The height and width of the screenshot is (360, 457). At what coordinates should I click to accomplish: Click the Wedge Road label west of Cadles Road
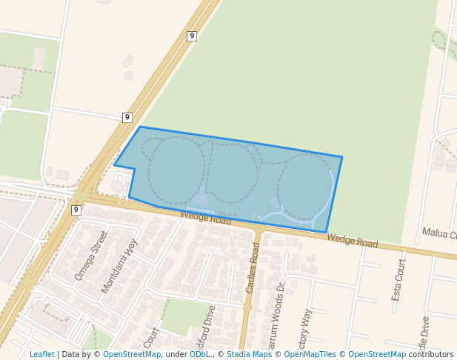tap(206, 218)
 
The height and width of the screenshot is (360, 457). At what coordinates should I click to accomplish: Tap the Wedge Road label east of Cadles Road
tap(352, 241)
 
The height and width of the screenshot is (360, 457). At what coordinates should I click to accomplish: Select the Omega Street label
tap(91, 255)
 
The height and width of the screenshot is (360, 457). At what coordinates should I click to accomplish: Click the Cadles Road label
tap(253, 267)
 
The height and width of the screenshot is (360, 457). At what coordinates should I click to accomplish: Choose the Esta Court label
tap(398, 280)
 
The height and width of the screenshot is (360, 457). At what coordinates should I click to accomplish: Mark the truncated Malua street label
tap(438, 234)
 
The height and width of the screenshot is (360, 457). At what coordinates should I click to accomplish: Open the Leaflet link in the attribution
tap(42, 354)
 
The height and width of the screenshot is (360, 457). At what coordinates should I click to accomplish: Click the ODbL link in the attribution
tap(199, 354)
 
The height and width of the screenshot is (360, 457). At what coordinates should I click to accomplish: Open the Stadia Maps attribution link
tap(250, 354)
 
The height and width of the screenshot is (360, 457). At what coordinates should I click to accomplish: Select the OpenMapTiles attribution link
tap(310, 354)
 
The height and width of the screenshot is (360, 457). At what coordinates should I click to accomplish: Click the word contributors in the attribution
tap(430, 354)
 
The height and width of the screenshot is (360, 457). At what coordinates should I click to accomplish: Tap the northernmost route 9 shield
tap(192, 36)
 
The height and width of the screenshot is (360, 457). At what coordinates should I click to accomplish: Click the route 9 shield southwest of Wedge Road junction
tap(76, 210)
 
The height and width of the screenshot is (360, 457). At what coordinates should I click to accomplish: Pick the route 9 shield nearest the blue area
tap(127, 117)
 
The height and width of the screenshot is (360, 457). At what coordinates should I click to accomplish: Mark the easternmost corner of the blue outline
tap(341, 157)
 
